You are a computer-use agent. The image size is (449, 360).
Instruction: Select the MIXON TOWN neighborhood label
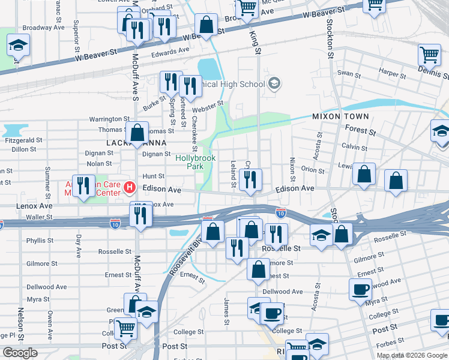340,116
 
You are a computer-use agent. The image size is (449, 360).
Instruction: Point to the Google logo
20,353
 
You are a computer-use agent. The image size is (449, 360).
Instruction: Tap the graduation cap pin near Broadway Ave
19,46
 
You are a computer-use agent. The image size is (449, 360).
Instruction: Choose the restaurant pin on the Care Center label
83,185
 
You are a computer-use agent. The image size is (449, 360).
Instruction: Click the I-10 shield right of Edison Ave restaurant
280,213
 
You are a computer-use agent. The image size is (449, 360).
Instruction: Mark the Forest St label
360,130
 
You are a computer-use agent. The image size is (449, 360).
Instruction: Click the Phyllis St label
41,241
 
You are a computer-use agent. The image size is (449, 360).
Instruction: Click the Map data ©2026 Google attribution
412,355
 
